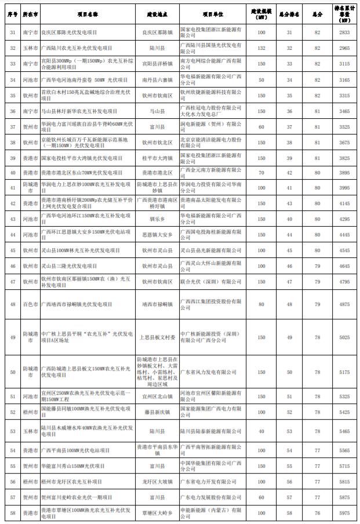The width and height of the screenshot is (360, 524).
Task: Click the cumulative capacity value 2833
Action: [x=345, y=34]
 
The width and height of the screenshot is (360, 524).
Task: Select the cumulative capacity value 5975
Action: [x=345, y=512]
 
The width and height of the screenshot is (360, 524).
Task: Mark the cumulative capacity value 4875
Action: [x=345, y=304]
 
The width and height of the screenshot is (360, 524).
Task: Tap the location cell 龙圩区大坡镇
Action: [x=158, y=481]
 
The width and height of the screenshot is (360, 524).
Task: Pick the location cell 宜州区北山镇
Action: [x=158, y=396]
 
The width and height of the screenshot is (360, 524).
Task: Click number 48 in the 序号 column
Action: [x=10, y=304]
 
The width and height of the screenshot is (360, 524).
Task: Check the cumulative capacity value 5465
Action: [x=345, y=431]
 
